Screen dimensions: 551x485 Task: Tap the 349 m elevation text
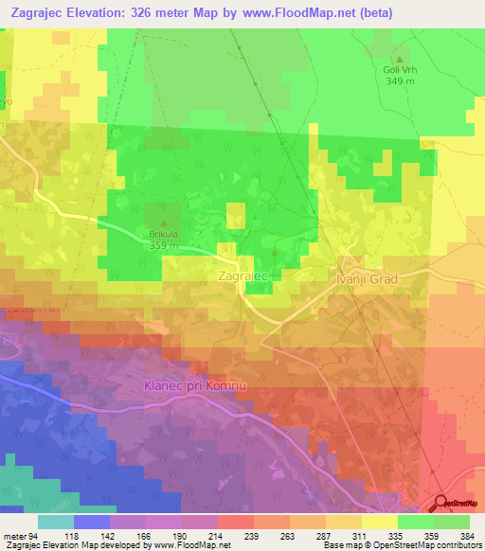(x=399, y=81)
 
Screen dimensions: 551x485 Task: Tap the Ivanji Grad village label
(x=373, y=280)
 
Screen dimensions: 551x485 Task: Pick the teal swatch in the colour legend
(x=56, y=522)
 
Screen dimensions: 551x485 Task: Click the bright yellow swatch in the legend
(x=380, y=522)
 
